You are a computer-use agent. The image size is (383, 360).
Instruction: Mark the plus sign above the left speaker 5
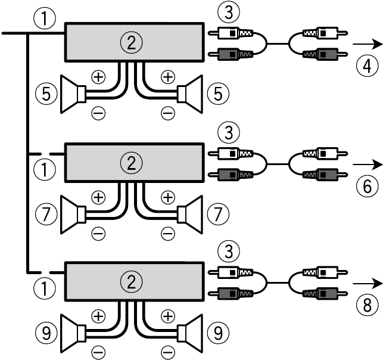tap(98, 76)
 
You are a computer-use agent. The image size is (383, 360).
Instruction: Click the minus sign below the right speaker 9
tap(168, 350)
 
